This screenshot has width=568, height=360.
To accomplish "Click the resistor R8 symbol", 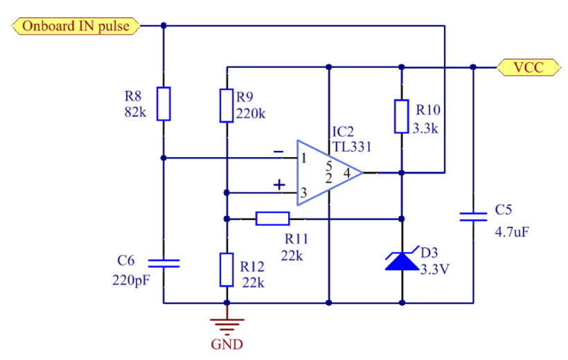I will point(163,104).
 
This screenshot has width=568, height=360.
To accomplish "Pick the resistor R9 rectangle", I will point(227,105).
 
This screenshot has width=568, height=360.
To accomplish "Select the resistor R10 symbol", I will point(402,116).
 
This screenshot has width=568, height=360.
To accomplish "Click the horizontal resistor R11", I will point(272,219).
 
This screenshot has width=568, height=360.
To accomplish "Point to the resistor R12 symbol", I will point(227,270).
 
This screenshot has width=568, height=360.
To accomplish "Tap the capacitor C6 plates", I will point(163,263).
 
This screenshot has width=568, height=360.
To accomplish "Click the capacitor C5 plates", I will point(474,217).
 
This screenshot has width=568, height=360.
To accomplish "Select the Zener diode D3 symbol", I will point(402,261).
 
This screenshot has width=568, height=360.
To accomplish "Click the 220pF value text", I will point(131,281).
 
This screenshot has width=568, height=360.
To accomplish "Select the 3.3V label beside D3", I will point(435,269).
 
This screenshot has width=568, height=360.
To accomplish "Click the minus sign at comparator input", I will point(278,151).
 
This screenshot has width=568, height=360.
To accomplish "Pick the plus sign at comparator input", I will point(279,185).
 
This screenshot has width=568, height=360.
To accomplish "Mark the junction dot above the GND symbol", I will point(227,303).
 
